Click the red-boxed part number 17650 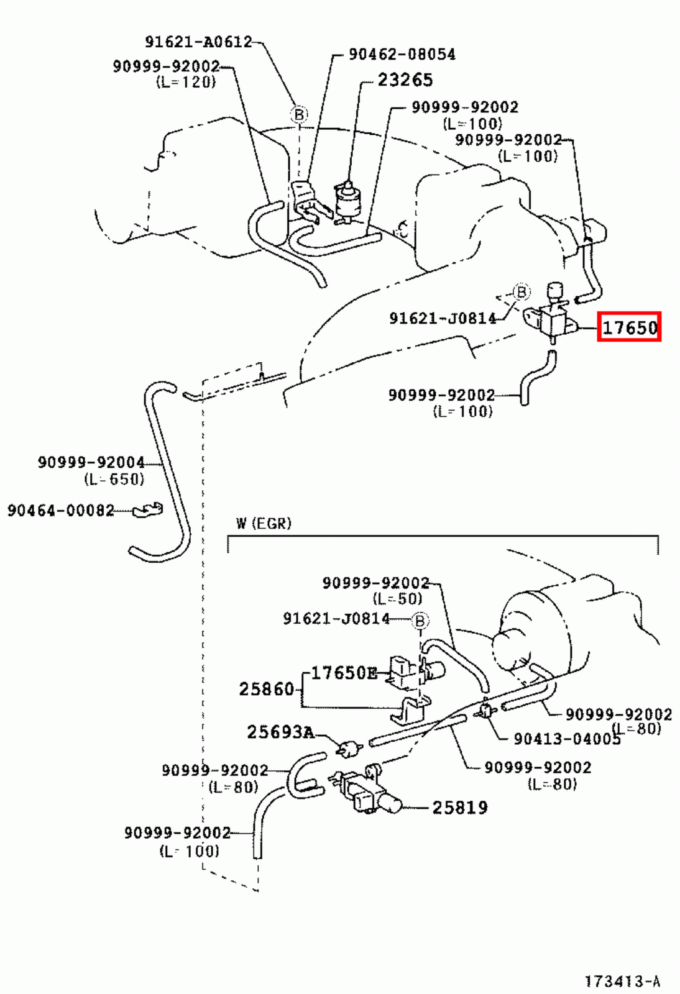[x=629, y=327]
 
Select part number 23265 [x=405, y=80]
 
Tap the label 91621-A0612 [x=198, y=42]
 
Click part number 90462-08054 [x=402, y=55]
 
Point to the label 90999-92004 [x=91, y=462]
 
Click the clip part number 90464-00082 [x=61, y=511]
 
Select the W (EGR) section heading [x=264, y=524]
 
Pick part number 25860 [x=266, y=689]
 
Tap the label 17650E [x=344, y=673]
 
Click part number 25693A [x=280, y=732]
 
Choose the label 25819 [x=459, y=808]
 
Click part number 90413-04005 [x=566, y=739]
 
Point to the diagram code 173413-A [x=622, y=982]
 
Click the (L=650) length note [x=114, y=479]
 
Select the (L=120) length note [x=185, y=82]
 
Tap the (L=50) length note [x=397, y=599]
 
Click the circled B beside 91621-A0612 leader [x=299, y=115]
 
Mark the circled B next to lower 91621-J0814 [x=420, y=621]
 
